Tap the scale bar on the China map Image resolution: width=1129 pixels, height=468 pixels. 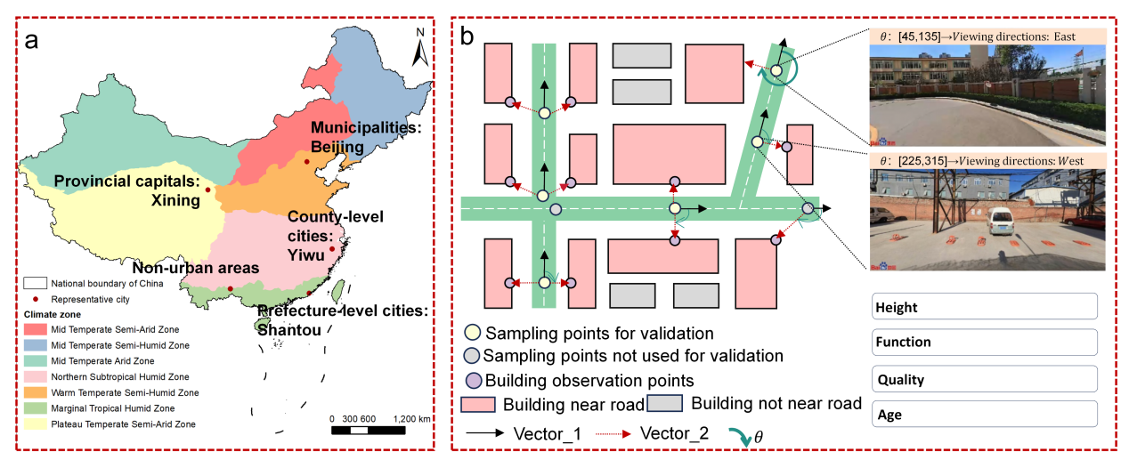click(x=369, y=431)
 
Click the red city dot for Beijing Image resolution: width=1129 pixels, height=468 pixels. click(x=306, y=162)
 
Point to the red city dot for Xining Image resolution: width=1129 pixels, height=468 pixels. click(x=207, y=190)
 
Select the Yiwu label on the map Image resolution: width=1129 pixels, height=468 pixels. click(x=306, y=254)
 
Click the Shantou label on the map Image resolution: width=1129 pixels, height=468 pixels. click(x=289, y=330)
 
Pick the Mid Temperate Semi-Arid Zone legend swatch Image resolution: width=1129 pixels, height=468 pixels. click(x=36, y=329)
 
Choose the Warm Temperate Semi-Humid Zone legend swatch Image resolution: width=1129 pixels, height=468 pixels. click(x=36, y=392)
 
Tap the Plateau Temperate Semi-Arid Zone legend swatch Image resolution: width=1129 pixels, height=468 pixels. click(x=36, y=424)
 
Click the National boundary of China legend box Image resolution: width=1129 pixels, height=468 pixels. click(x=36, y=283)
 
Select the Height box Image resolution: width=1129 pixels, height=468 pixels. click(x=985, y=306)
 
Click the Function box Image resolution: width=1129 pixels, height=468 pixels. click(x=985, y=342)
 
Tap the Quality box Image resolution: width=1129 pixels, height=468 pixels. click(x=985, y=379)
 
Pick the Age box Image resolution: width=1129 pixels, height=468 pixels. click(x=985, y=414)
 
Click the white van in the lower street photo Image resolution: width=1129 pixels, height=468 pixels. click(x=1000, y=222)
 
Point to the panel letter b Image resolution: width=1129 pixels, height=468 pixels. click(x=467, y=36)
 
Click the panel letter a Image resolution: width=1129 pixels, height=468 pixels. click(x=31, y=41)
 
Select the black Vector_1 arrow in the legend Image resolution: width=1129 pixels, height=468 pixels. click(x=485, y=432)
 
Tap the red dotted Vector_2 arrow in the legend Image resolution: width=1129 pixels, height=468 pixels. click(x=613, y=433)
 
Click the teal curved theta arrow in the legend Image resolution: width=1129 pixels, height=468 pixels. click(x=740, y=436)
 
